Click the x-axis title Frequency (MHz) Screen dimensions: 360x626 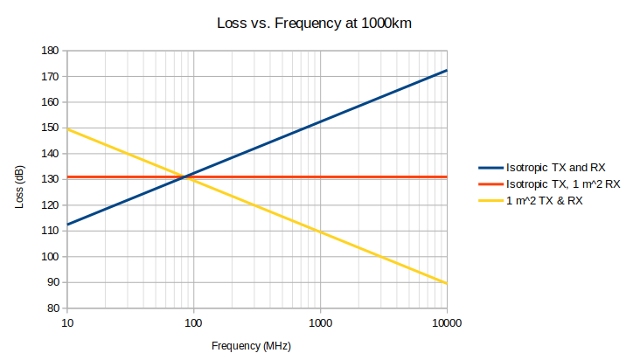coord(251,346)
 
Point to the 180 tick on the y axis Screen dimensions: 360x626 coord(50,51)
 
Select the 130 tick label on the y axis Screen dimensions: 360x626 coord(50,179)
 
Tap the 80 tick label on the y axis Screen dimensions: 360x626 coord(52,308)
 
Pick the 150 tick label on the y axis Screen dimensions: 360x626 coord(50,128)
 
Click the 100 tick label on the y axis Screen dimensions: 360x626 coord(50,257)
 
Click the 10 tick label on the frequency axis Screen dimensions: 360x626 coord(67,322)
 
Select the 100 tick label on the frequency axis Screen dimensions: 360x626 coord(193,322)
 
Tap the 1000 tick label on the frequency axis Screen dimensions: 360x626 coord(320,322)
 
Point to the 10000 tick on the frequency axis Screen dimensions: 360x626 coord(446,322)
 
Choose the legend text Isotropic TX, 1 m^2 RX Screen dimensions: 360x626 coord(564,184)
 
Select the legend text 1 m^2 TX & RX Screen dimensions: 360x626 coord(544,201)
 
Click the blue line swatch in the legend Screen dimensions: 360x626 coord(490,167)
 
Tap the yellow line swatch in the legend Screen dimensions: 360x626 coord(490,201)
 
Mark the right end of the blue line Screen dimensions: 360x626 coord(447,70)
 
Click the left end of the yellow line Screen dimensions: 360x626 coord(67,129)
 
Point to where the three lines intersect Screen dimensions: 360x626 coord(183,177)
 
